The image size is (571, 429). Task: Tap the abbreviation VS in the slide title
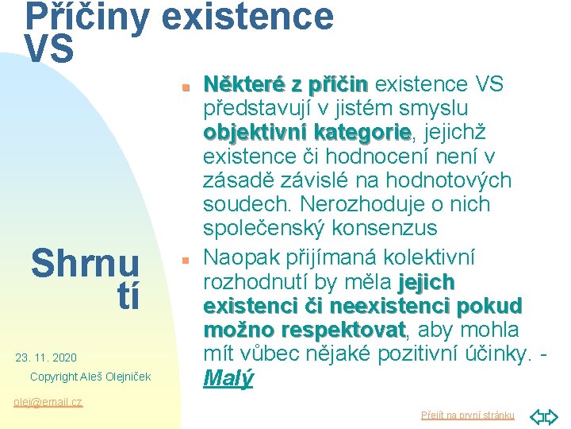click(49, 49)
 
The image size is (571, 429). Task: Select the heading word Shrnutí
click(86, 280)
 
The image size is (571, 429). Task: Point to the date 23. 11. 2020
click(46, 357)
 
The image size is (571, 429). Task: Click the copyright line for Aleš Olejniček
click(90, 376)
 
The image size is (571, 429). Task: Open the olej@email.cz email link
click(48, 402)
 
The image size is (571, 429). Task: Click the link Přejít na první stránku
click(467, 415)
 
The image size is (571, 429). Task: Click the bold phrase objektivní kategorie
click(307, 131)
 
